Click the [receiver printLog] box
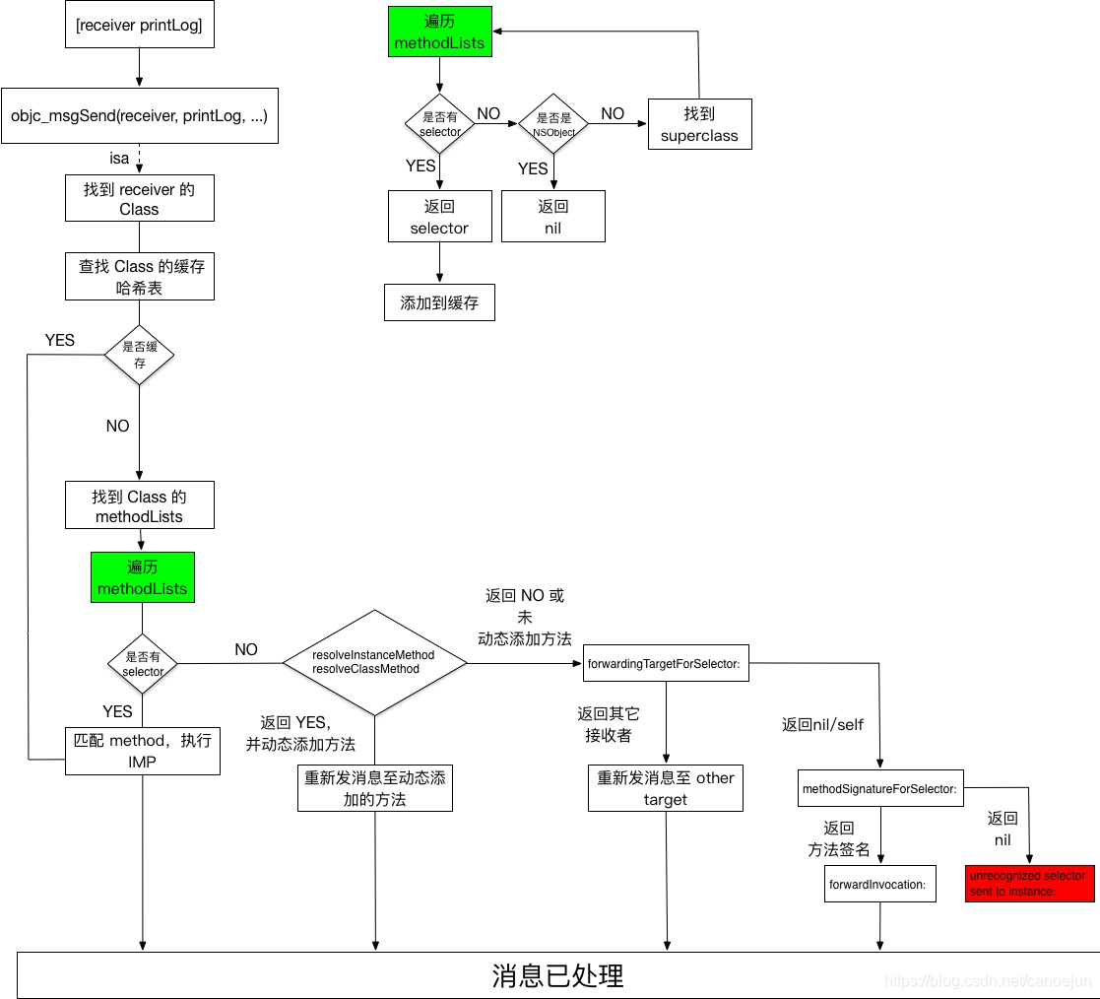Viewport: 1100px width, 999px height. [139, 26]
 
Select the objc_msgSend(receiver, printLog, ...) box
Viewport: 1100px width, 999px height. [139, 115]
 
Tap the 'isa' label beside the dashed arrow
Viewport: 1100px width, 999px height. [119, 158]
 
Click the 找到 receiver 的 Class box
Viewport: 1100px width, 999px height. [139, 199]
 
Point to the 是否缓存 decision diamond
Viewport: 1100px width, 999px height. [139, 355]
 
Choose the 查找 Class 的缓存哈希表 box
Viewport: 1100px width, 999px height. [139, 277]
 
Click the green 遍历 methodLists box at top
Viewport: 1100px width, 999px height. [439, 32]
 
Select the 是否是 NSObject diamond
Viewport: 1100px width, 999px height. [553, 124]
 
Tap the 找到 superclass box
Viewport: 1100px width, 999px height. [699, 124]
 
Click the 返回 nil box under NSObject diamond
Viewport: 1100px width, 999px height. [552, 217]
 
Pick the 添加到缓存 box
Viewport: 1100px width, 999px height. [439, 302]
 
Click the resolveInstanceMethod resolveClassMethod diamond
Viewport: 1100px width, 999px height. [374, 662]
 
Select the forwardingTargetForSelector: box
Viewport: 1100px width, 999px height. [666, 663]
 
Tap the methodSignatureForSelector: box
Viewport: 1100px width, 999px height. [879, 788]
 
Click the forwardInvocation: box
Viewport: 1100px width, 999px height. [879, 884]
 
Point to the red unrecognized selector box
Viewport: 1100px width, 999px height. [1029, 883]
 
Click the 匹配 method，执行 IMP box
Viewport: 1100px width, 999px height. [143, 750]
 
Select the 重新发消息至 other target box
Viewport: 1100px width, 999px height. [666, 788]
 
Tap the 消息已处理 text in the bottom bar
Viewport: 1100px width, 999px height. [557, 975]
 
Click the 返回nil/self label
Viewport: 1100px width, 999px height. [822, 724]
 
